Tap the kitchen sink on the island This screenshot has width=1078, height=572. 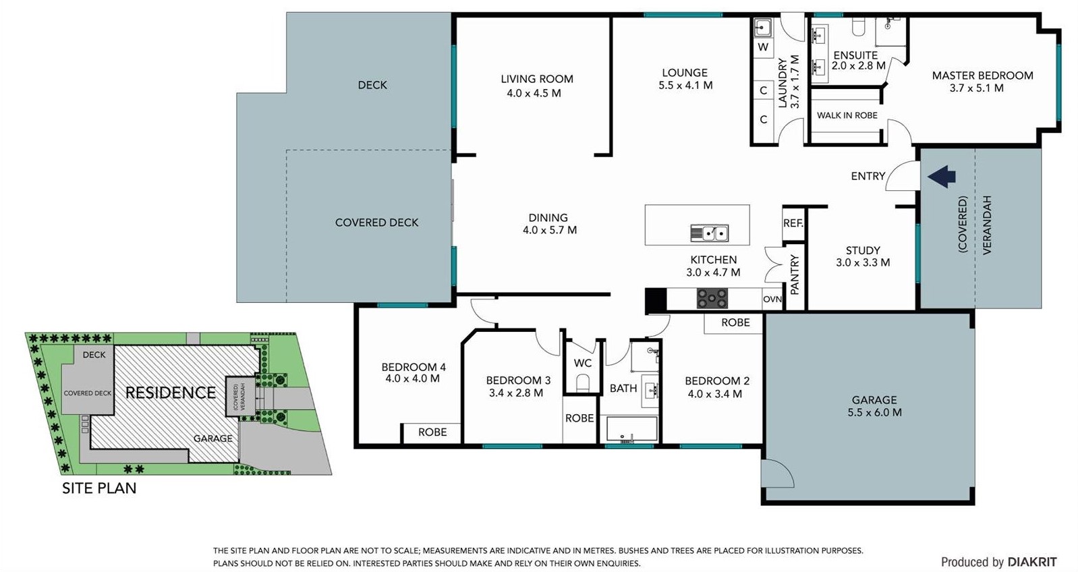click(710, 233)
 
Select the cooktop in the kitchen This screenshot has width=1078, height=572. click(712, 298)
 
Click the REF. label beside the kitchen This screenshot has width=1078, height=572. click(793, 223)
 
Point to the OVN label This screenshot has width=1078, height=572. click(772, 299)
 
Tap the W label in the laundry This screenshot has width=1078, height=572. click(763, 47)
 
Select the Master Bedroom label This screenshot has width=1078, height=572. click(982, 76)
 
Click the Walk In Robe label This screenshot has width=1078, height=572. click(847, 115)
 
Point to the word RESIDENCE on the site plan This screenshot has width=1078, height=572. click(171, 393)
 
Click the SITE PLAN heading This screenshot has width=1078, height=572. click(99, 488)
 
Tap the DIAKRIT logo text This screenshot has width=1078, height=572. click(1032, 562)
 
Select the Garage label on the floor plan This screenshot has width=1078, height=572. click(874, 400)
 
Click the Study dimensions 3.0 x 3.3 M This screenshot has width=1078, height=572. click(863, 262)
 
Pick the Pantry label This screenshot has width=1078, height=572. click(794, 275)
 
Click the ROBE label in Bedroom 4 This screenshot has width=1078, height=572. click(432, 432)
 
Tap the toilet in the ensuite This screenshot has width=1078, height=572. click(858, 26)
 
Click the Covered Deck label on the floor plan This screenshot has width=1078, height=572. click(377, 223)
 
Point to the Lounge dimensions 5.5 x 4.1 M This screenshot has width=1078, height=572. click(685, 85)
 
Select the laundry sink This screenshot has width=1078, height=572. click(763, 28)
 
